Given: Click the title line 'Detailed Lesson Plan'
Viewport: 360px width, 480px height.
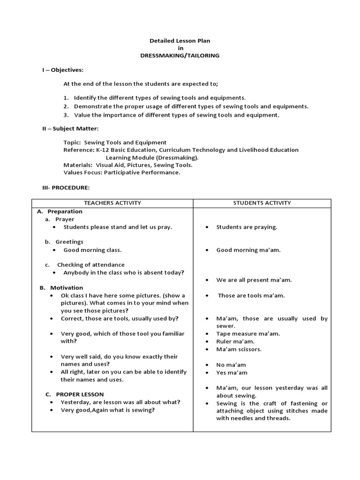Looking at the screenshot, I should coord(180,41).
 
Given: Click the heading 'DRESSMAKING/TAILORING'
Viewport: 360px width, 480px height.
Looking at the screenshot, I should coord(180,55).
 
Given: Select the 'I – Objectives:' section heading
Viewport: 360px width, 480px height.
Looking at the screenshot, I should coord(63,70).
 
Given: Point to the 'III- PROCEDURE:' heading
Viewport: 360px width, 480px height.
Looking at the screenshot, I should coord(66,187).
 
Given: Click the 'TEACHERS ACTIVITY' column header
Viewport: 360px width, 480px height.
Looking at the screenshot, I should coord(112,203).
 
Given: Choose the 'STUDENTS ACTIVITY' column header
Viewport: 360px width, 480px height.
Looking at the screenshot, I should coord(262,203).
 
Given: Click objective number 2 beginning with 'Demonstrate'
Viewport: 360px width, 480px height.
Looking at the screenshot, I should coord(191,106).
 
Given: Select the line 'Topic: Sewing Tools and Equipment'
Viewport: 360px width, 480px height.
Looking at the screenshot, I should coord(115,142).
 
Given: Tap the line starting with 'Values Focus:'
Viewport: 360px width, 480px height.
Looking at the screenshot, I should coord(121,172).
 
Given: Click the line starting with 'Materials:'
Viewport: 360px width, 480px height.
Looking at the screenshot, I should coord(127,165).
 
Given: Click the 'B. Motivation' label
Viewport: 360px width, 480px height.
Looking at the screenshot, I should coord(61,287).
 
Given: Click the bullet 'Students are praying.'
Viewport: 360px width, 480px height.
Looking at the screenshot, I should coord(247,227).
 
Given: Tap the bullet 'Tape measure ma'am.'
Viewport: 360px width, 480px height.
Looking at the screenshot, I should coord(248,334).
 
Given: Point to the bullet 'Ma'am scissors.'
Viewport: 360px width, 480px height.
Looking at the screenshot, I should coord(239,349).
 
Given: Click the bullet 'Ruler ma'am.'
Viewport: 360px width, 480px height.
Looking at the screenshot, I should coord(235,341).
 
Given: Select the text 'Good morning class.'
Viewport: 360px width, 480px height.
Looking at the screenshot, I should coord(92,250).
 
